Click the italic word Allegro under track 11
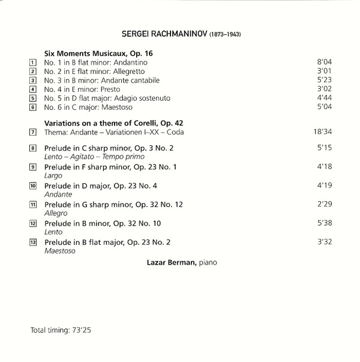[56, 213]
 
